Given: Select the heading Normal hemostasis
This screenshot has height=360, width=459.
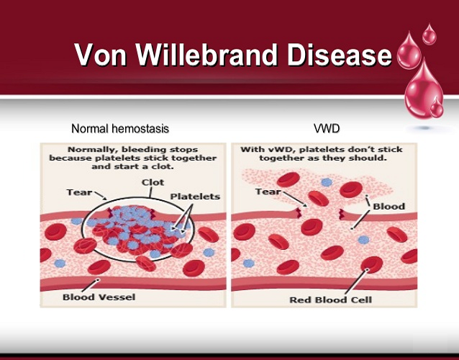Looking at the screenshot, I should [120, 130].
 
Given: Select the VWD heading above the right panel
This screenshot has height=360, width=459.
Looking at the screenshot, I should [327, 130].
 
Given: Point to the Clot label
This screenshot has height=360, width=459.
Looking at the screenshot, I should [153, 182].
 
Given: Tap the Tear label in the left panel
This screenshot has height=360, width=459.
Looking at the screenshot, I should [78, 192].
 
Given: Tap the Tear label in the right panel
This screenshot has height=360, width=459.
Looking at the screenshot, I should [268, 192].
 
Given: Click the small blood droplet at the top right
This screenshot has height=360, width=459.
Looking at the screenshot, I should [429, 33].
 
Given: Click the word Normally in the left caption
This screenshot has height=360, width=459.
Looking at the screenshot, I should [68, 150].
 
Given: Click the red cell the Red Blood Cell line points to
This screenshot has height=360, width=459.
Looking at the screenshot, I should [372, 266].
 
